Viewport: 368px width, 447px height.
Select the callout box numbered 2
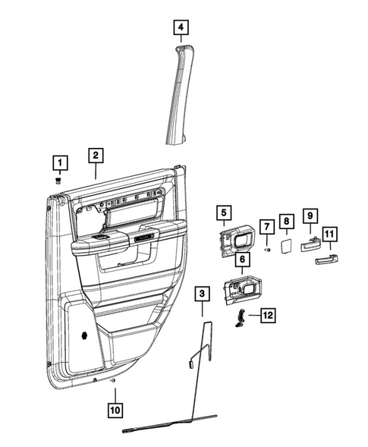click(95, 156)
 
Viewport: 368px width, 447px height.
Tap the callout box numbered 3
click(202, 293)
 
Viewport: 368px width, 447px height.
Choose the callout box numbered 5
click(223, 214)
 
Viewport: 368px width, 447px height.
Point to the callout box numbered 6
click(242, 260)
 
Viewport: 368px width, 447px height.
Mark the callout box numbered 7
click(267, 226)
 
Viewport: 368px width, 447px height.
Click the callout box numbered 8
click(287, 221)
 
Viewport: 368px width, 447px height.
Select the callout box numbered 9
click(310, 217)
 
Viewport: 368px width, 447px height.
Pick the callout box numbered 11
click(330, 234)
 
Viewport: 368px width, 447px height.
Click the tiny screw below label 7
click(267, 248)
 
